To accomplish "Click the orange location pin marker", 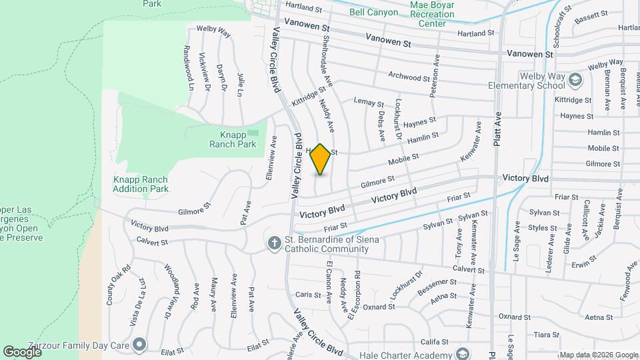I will click(x=321, y=159).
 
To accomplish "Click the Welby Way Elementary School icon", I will click(x=574, y=81).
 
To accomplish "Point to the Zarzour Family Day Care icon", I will click(x=139, y=344).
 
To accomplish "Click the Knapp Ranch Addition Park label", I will click(x=140, y=184).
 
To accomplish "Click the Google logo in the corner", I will click(x=22, y=351).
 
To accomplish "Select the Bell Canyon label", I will click(x=373, y=11).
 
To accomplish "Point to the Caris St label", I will click(x=309, y=294).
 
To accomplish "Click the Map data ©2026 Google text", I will click(x=598, y=355).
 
